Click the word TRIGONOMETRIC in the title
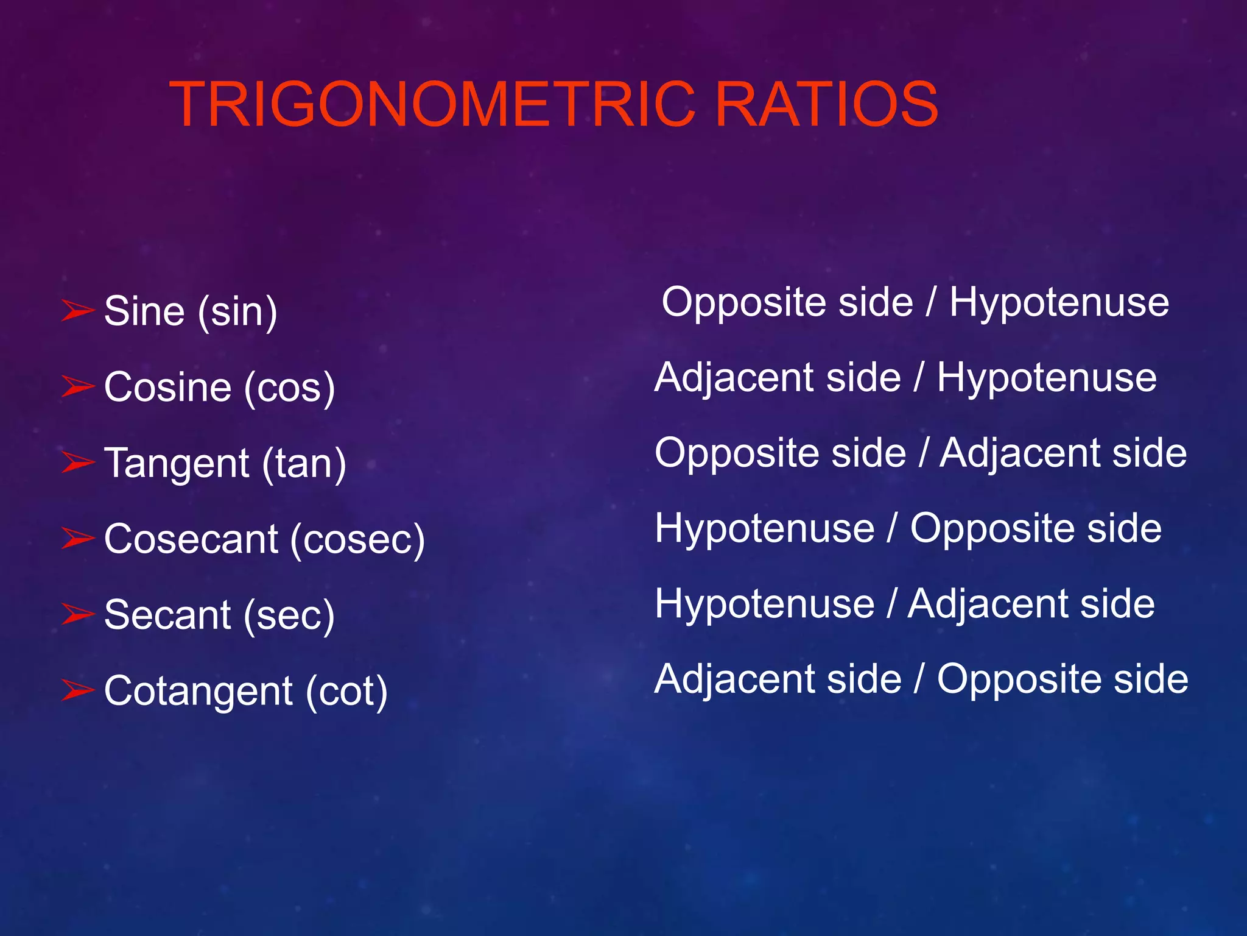pos(432,105)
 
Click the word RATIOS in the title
pos(827,105)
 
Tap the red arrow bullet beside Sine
pos(78,310)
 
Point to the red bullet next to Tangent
pos(78,462)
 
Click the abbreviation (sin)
pos(237,312)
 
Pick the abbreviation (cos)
pos(289,388)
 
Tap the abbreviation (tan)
pos(304,464)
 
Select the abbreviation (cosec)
pos(357,539)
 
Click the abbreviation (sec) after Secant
pos(289,615)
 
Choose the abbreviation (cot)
pos(346,691)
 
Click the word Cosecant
pos(191,539)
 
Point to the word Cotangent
pos(198,691)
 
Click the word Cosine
pos(168,388)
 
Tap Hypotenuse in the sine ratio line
pos(1059,303)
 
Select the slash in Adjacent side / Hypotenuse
pos(918,378)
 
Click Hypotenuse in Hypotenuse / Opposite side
pos(764,528)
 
